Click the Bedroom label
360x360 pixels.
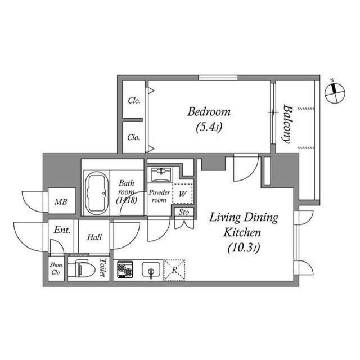209,112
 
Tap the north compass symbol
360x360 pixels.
335,92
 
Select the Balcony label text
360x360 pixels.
287,124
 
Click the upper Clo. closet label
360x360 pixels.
134,100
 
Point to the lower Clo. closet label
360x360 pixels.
134,137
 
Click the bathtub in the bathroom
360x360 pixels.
96,193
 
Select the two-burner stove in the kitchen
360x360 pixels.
125,269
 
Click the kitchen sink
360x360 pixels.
151,269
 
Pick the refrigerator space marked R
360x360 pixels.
174,270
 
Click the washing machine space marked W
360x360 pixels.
182,193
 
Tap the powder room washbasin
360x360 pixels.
162,174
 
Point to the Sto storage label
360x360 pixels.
184,212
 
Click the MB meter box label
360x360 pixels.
61,202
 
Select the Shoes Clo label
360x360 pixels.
56,268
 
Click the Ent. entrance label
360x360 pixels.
62,230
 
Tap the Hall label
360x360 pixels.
94,237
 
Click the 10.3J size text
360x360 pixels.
244,247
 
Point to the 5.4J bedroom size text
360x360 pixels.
209,127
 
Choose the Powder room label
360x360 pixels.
159,196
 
